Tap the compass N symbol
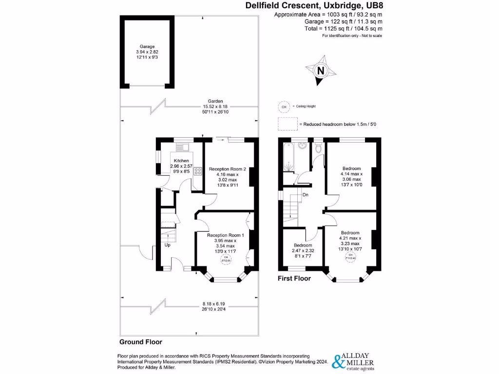point(321,71)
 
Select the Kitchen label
point(182,161)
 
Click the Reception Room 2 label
point(228,169)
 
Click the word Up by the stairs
point(168,245)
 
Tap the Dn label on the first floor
point(305,195)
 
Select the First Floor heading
point(294,279)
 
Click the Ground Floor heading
point(141,342)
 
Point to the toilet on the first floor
point(318,149)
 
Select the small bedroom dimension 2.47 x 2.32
point(303,251)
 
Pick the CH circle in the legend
point(283,106)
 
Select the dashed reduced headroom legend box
point(288,124)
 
